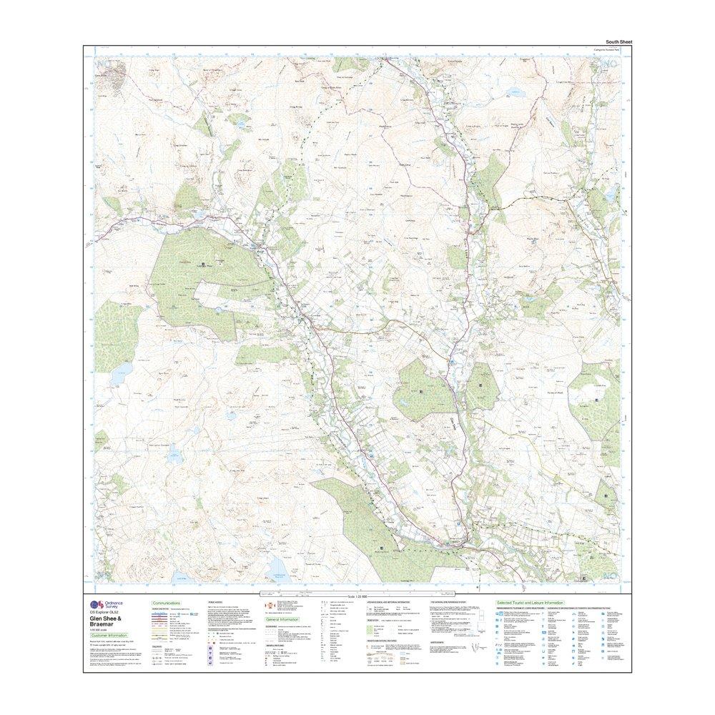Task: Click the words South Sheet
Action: coord(618,42)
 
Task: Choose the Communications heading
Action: coord(166,603)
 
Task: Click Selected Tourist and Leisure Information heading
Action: coord(530,603)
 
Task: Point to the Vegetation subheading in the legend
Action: coord(375,621)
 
